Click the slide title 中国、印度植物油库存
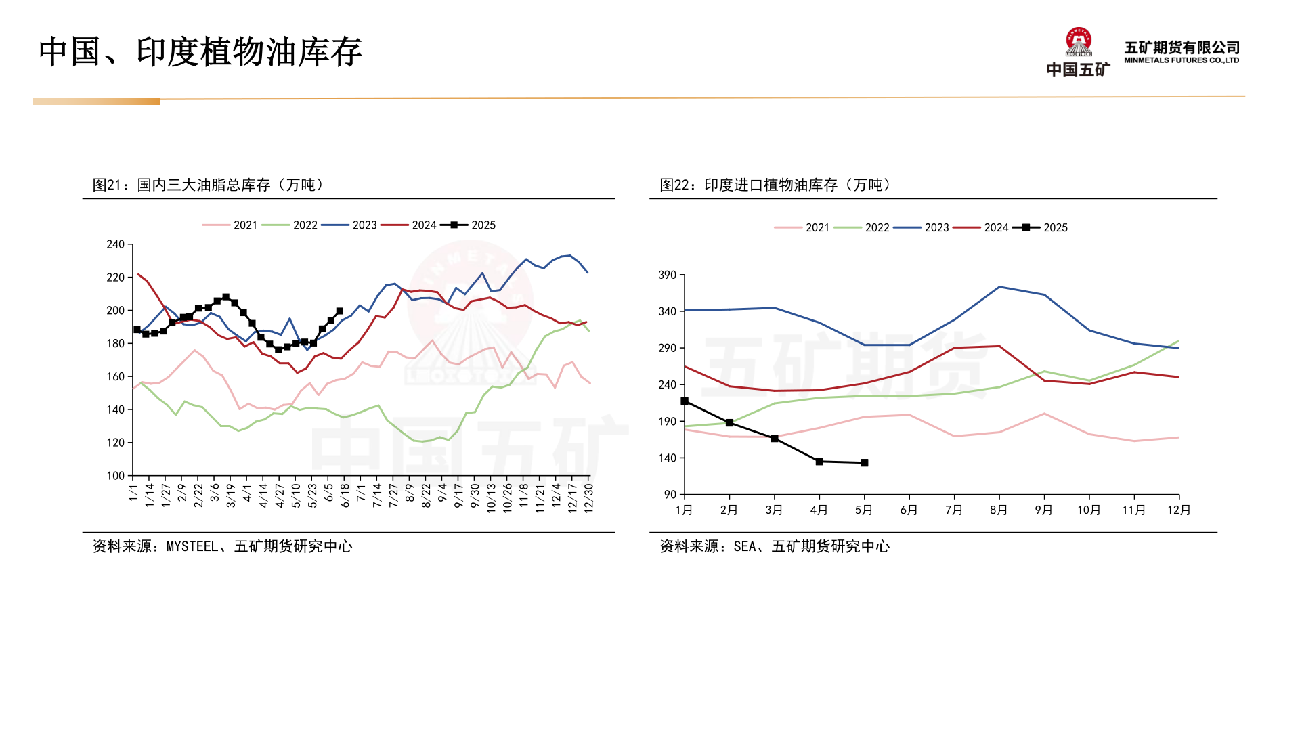pos(200,53)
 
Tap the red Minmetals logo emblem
pos(1078,42)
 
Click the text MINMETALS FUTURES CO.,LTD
pos(1182,60)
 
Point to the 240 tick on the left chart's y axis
pos(116,244)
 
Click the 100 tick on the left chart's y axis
pos(116,476)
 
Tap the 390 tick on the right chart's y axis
pos(667,275)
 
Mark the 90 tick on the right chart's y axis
pos(670,495)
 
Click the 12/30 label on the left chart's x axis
pos(588,497)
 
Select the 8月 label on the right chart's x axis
pos(999,510)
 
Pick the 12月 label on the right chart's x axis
pos(1179,510)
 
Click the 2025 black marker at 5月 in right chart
pos(865,463)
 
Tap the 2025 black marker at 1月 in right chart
pos(685,401)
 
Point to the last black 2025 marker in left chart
pos(340,311)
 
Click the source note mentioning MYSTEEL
pos(222,546)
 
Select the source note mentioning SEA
pos(775,546)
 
